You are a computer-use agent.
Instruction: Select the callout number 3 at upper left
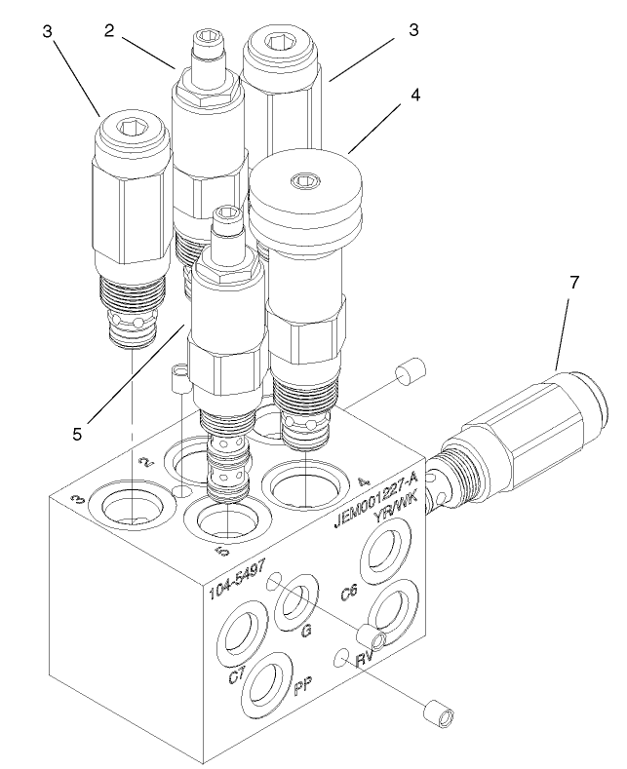[47, 31]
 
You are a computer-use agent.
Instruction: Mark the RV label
[367, 660]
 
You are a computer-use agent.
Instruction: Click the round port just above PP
[267, 683]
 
